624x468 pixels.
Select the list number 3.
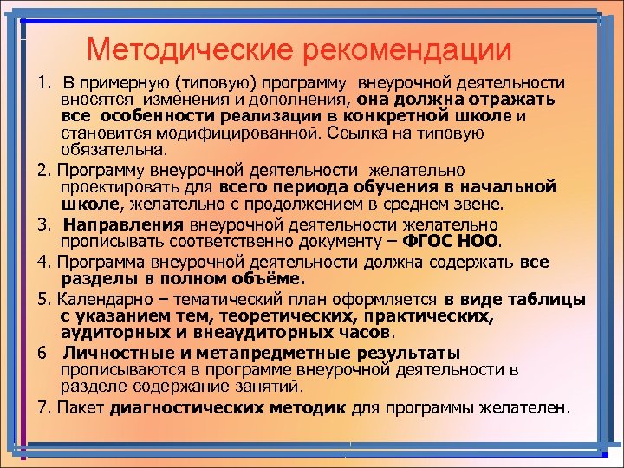tap(42, 224)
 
